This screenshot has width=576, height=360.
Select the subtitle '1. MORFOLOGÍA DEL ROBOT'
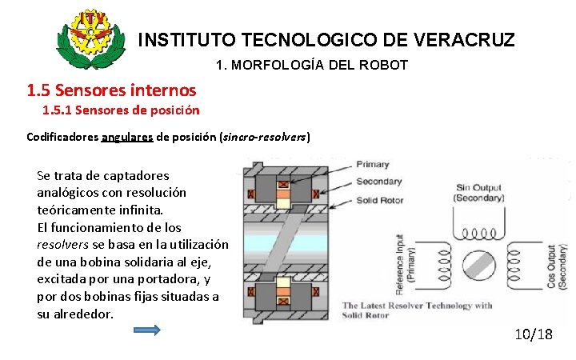(312, 65)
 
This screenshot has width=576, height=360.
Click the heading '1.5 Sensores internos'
(111, 90)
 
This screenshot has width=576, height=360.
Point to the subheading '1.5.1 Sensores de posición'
(121, 110)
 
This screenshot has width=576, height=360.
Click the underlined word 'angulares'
(128, 136)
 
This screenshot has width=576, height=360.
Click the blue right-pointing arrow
(146, 330)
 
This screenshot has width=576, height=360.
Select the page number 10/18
(533, 334)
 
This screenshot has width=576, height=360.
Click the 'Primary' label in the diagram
(373, 164)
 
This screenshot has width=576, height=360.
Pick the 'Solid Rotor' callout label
(381, 200)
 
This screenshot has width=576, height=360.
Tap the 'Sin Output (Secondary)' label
(479, 193)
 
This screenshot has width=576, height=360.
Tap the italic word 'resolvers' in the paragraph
(64, 245)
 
